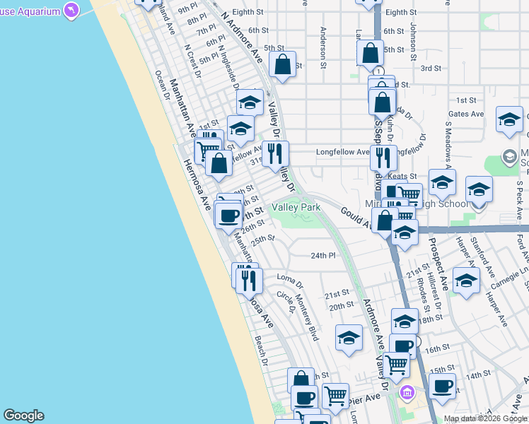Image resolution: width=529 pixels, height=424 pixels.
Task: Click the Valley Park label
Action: click(x=297, y=207)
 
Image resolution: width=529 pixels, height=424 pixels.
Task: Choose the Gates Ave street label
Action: click(x=466, y=114)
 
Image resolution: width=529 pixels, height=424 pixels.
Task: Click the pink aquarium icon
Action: click(x=71, y=10)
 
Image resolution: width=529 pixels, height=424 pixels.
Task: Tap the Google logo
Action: click(x=23, y=416)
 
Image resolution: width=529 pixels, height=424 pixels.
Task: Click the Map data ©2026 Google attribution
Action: click(x=485, y=418)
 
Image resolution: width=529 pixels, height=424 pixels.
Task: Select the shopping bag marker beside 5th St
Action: click(x=282, y=64)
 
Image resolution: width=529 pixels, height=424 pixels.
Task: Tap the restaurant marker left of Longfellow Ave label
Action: click(x=275, y=153)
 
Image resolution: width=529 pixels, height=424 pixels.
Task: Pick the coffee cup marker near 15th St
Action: click(x=442, y=386)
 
